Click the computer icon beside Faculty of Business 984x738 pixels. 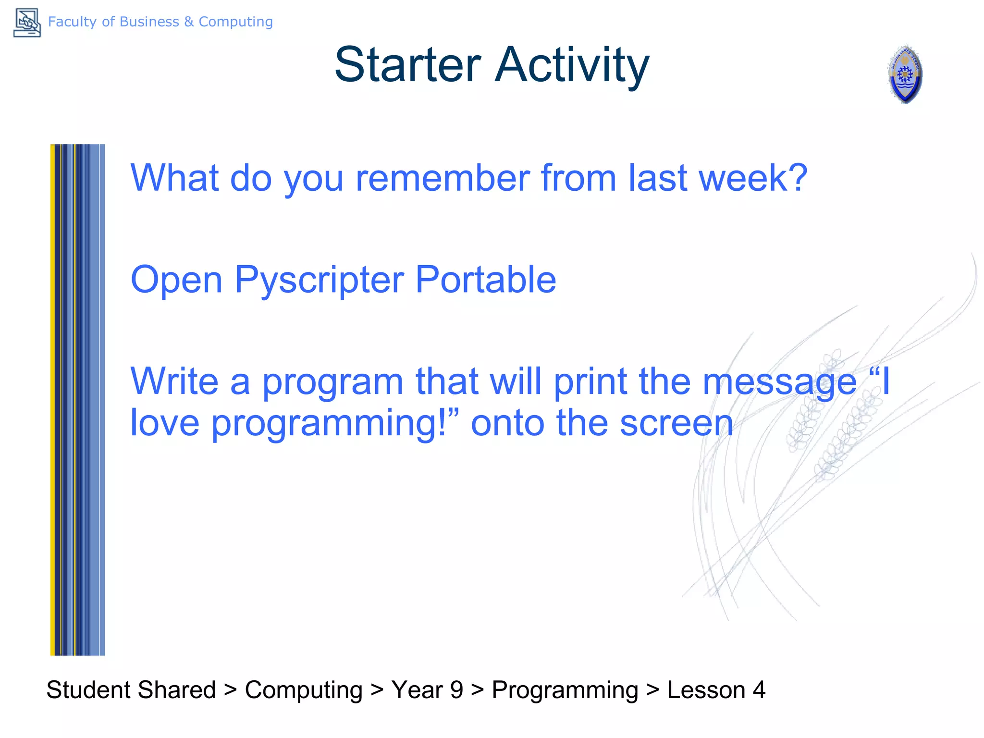coord(27,23)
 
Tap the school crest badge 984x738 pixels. coord(905,74)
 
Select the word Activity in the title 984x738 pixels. coord(572,66)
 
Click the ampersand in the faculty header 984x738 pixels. coord(189,22)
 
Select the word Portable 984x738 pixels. coord(486,279)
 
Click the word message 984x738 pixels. coord(780,382)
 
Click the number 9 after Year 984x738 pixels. coord(456,690)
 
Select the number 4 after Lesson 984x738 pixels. coord(759,690)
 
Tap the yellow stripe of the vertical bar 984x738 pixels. coord(53,400)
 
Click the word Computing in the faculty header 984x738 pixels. coord(235,22)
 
